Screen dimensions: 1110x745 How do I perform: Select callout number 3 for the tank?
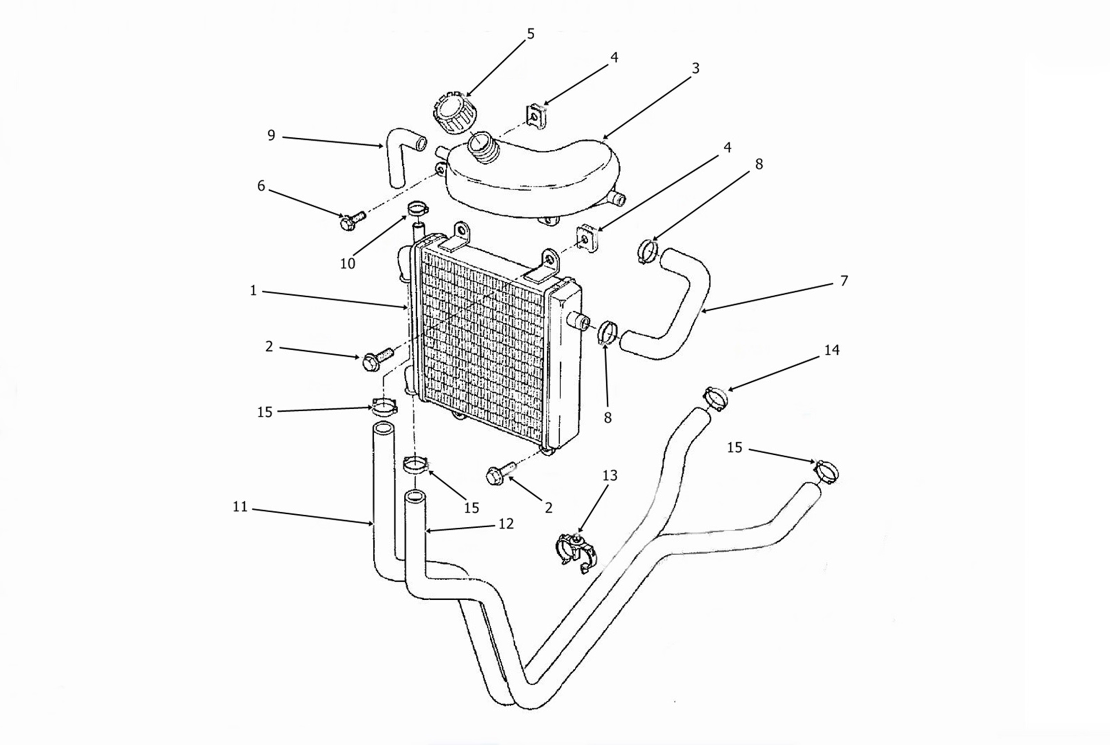coord(695,69)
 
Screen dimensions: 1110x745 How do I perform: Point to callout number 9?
coord(271,135)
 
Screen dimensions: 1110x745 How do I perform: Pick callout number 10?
coord(348,264)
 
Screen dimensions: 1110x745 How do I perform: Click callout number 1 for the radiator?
coord(253,290)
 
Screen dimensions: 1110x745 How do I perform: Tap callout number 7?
coord(844,281)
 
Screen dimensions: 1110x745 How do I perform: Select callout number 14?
coord(831,350)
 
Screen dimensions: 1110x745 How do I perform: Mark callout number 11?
coord(240,507)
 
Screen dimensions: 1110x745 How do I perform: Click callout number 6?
coord(261,186)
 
